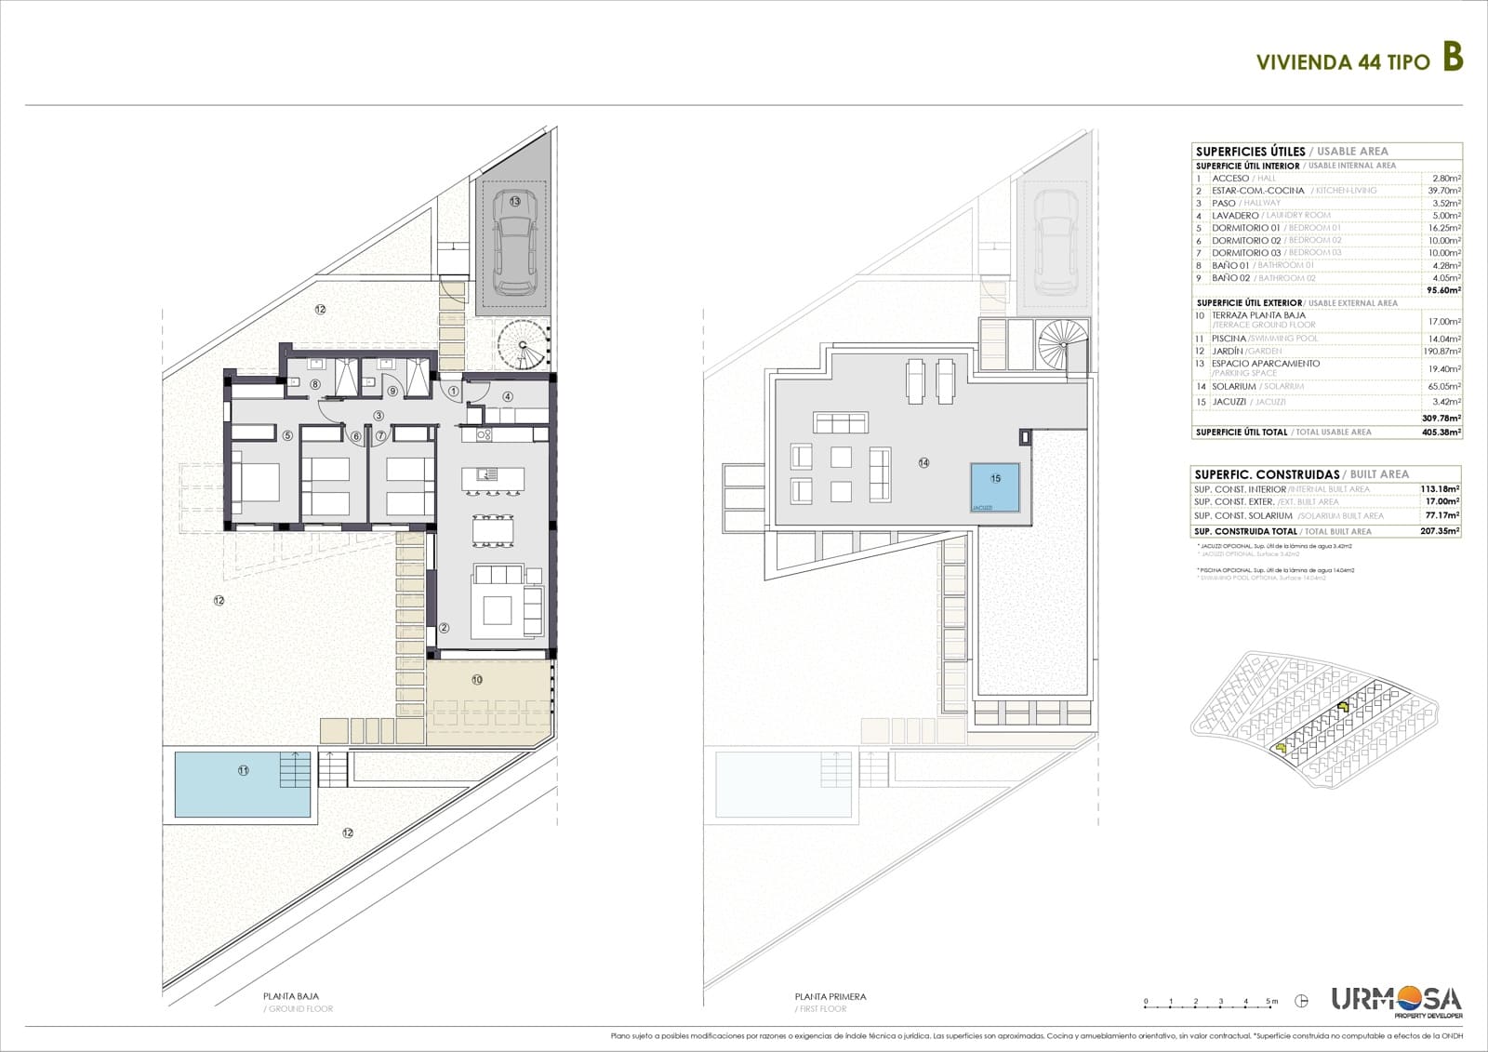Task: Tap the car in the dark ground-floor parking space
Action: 513,242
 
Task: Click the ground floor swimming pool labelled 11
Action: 244,784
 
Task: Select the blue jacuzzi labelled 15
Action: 995,486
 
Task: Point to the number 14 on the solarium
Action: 923,462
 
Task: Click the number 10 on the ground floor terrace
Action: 477,680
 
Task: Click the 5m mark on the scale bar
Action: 1271,1002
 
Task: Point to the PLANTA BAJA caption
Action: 291,996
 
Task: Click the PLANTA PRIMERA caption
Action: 830,996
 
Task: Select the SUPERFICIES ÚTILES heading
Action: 1250,152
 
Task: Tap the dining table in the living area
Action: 492,530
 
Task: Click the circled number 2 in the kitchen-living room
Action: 445,629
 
